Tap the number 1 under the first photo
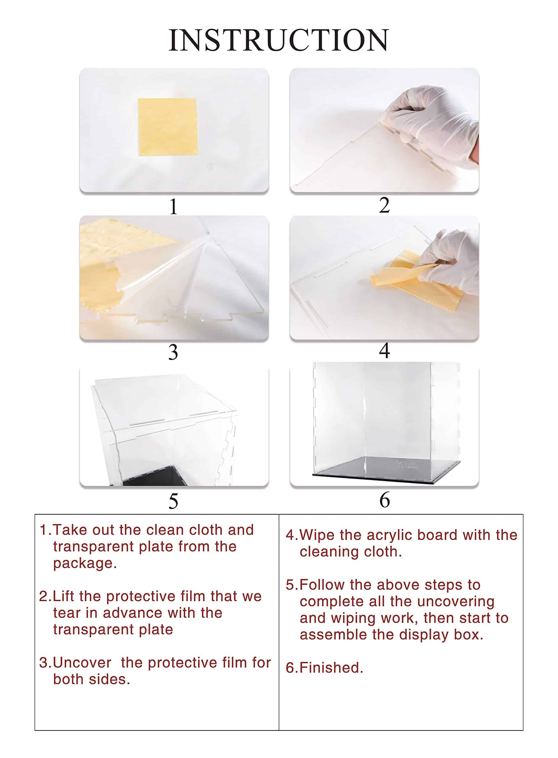point(173,206)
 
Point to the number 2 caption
point(384,205)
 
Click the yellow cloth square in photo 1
point(167,127)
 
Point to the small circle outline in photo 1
point(210,168)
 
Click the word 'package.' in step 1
point(85,564)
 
